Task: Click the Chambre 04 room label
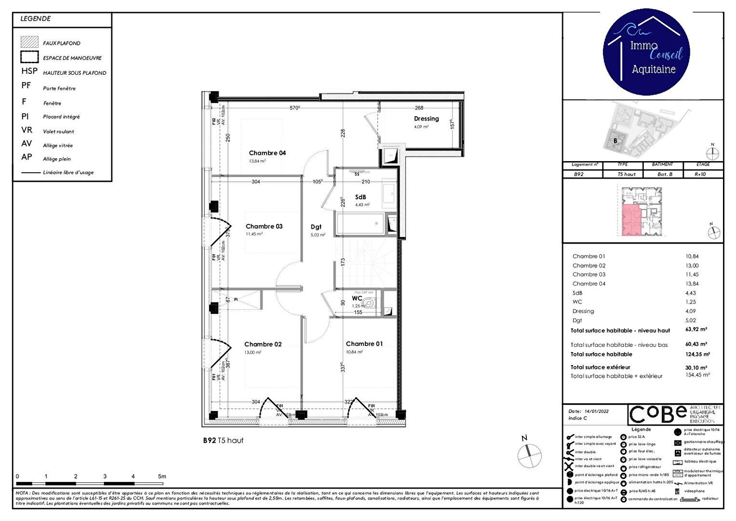coord(267,153)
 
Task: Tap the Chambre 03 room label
coord(264,226)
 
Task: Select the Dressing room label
coord(426,119)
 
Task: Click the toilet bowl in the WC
coord(369,303)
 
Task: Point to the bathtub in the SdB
coord(360,224)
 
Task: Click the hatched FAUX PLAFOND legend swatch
coord(29,42)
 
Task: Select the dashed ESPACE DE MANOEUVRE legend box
coord(29,57)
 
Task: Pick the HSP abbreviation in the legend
coord(29,71)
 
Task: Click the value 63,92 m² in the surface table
coord(696,330)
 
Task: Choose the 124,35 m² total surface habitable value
coord(697,355)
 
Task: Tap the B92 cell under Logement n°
coord(579,174)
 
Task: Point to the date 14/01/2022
coord(596,411)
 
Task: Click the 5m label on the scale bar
coord(162,477)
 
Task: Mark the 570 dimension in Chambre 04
coord(294,108)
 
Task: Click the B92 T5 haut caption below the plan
coord(223,440)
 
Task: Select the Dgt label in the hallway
coord(316,227)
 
